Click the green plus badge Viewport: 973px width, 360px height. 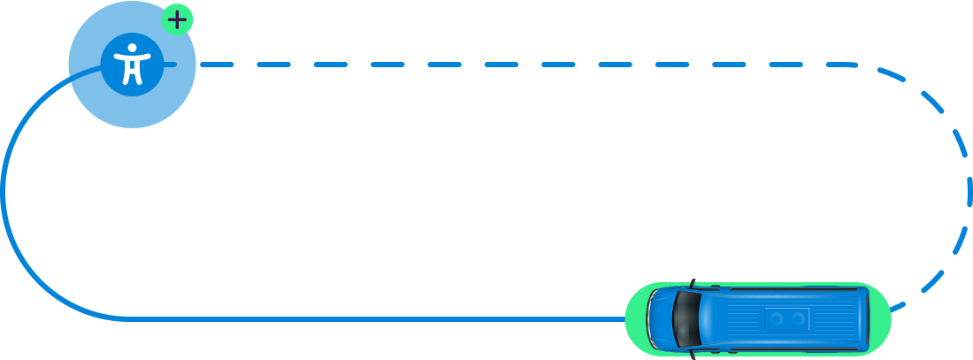point(177,19)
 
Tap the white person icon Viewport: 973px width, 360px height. point(132,65)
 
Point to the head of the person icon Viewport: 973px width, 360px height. point(132,48)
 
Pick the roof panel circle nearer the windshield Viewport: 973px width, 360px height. point(777,318)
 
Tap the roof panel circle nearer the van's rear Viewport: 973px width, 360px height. point(798,318)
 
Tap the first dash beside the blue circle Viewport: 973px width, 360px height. point(217,64)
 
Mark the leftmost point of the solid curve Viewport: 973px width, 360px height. point(4,190)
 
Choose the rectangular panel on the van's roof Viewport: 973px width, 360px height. point(787,318)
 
